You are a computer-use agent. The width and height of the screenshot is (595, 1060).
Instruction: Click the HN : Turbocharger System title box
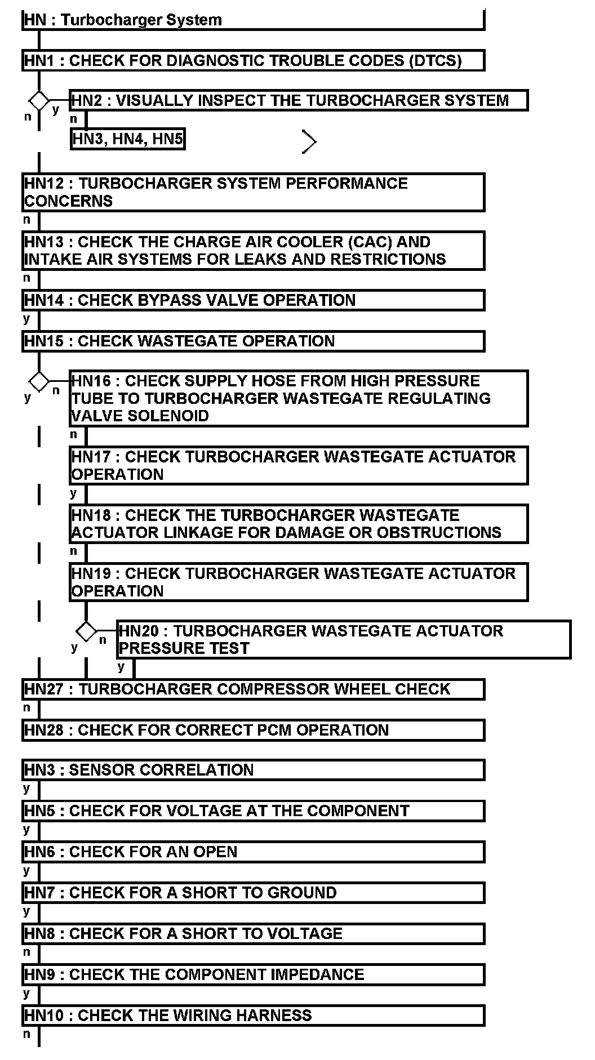(253, 20)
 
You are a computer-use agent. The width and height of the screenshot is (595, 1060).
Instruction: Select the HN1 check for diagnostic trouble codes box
(253, 60)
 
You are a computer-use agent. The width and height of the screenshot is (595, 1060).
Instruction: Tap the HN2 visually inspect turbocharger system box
(299, 100)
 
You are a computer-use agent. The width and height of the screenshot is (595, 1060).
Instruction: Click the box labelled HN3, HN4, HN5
(128, 139)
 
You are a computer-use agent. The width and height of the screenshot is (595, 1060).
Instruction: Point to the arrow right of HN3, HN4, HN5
(309, 141)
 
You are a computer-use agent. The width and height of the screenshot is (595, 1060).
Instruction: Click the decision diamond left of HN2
(39, 101)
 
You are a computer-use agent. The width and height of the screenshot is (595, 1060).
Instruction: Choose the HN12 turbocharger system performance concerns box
(253, 192)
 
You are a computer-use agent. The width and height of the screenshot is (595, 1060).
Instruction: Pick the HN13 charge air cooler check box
(253, 251)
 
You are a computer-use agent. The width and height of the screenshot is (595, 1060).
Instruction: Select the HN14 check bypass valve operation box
(253, 300)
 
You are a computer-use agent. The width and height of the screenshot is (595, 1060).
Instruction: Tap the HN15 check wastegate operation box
(253, 341)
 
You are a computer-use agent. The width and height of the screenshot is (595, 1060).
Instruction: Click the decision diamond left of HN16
(39, 381)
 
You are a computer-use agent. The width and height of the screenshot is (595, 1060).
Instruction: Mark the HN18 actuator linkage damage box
(299, 524)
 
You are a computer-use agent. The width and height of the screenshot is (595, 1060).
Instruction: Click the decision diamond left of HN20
(86, 631)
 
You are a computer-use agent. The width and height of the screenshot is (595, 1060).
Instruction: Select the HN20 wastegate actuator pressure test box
(344, 639)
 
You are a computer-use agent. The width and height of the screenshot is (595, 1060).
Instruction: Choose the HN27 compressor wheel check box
(253, 689)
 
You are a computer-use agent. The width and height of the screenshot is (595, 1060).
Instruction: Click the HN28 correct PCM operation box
(253, 730)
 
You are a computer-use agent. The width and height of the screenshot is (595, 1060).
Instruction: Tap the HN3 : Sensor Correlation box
(253, 770)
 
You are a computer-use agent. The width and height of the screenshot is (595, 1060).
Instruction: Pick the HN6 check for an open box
(253, 852)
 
